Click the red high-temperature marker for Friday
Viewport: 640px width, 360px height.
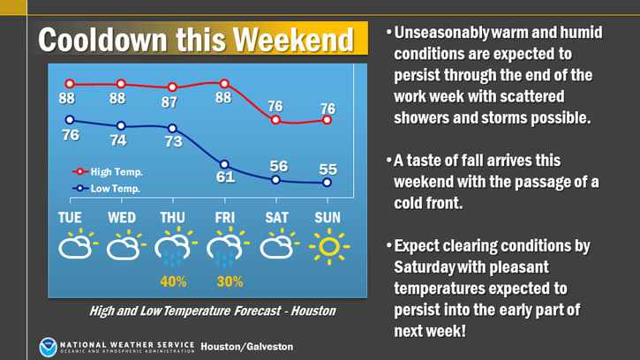[224, 84]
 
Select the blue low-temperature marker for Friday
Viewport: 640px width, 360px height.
[224, 164]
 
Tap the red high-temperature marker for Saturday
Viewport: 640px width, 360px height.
[275, 120]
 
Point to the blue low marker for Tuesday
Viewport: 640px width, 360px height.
[70, 120]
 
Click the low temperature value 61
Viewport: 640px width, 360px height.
[225, 177]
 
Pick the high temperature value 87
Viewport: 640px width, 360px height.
[169, 102]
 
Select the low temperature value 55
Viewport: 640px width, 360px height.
[328, 169]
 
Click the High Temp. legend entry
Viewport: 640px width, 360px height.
[108, 172]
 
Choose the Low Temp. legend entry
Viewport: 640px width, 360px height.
[107, 189]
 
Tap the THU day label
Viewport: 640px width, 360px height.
[172, 218]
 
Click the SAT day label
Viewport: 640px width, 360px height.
[276, 218]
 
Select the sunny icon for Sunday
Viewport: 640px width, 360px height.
[329, 246]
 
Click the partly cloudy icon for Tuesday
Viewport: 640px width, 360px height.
[79, 244]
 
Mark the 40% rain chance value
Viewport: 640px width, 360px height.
[173, 281]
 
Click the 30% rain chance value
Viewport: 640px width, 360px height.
[230, 281]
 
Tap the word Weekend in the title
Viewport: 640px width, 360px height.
[293, 40]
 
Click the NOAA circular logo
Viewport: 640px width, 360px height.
[48, 347]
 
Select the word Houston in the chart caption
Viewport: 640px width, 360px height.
[313, 311]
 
